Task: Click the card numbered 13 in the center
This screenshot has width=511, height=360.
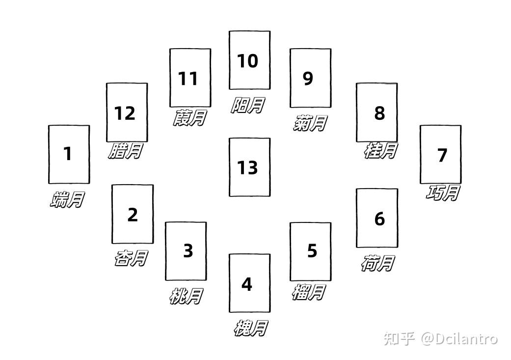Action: (x=249, y=167)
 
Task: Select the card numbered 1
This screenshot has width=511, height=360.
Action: (x=69, y=154)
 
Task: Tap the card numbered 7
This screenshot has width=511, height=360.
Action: (x=440, y=154)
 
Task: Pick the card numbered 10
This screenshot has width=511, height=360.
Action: (x=249, y=60)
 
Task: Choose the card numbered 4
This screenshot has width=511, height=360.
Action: (x=249, y=283)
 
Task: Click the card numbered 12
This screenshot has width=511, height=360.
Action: (x=127, y=112)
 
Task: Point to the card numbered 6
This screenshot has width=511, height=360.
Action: (x=377, y=218)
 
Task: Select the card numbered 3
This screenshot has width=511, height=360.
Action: (x=186, y=250)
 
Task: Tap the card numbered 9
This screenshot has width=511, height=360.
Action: (x=310, y=78)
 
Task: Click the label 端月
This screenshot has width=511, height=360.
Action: (x=67, y=199)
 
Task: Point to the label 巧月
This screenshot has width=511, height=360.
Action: (x=442, y=193)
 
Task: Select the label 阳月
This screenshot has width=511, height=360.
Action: (x=248, y=105)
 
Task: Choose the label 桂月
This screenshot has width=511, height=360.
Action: (x=380, y=150)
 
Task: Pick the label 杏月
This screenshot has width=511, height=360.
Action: (x=131, y=258)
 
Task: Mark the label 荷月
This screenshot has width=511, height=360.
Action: (x=377, y=263)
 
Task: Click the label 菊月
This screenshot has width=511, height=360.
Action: (x=309, y=123)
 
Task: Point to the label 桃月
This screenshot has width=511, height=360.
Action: (x=186, y=296)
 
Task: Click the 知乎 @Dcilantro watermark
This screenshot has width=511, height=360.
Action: (x=440, y=338)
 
